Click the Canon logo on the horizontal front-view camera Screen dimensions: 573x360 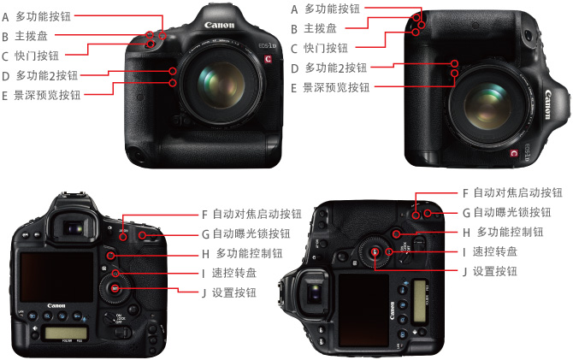pos(219,25)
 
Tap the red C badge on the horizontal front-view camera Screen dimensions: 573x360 pos(268,59)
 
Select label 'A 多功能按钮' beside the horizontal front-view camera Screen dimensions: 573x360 pos(36,16)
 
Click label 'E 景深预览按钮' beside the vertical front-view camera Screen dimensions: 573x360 pos(330,87)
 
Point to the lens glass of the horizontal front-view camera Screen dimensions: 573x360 pos(221,85)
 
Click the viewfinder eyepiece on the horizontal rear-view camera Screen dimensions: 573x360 pos(73,228)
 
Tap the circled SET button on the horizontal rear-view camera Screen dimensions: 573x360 pos(115,289)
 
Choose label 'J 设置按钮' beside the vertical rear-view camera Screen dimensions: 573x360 pos(490,271)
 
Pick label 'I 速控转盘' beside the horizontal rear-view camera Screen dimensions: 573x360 pos(229,273)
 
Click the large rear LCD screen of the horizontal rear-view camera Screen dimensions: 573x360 pos(56,277)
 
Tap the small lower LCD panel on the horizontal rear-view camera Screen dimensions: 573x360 pos(66,333)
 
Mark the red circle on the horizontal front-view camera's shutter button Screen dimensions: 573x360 pos(150,44)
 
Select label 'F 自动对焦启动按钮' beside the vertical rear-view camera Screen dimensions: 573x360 pos(512,192)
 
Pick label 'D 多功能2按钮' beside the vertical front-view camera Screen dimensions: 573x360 pos(329,68)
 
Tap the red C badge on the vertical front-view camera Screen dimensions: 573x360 pos(514,153)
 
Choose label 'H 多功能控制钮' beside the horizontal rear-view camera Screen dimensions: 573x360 pos(242,253)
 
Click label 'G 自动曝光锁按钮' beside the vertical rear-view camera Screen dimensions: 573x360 pos(507,212)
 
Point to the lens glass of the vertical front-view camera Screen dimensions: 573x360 pos(487,107)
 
